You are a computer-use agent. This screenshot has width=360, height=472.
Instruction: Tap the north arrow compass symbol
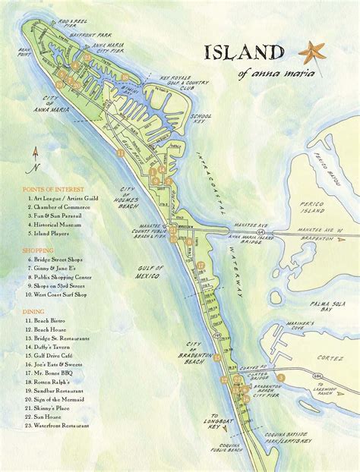36,159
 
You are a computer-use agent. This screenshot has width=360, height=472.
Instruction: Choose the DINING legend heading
33,311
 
